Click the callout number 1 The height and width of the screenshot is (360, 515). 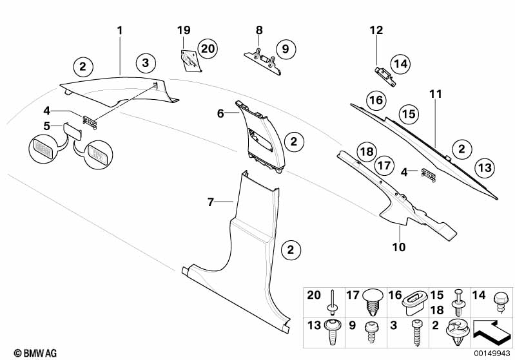pos(119,30)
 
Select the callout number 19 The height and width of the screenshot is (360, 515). pos(184,30)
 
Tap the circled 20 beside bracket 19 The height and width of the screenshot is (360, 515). pos(206,48)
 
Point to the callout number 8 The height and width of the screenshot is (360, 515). pos(260,30)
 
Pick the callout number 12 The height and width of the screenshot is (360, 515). pos(376,30)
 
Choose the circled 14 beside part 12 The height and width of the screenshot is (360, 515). pos(400,63)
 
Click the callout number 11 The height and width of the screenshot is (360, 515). pos(436,94)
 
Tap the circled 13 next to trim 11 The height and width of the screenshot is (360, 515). pos(485,167)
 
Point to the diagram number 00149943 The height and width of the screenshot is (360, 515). pos(492,352)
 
